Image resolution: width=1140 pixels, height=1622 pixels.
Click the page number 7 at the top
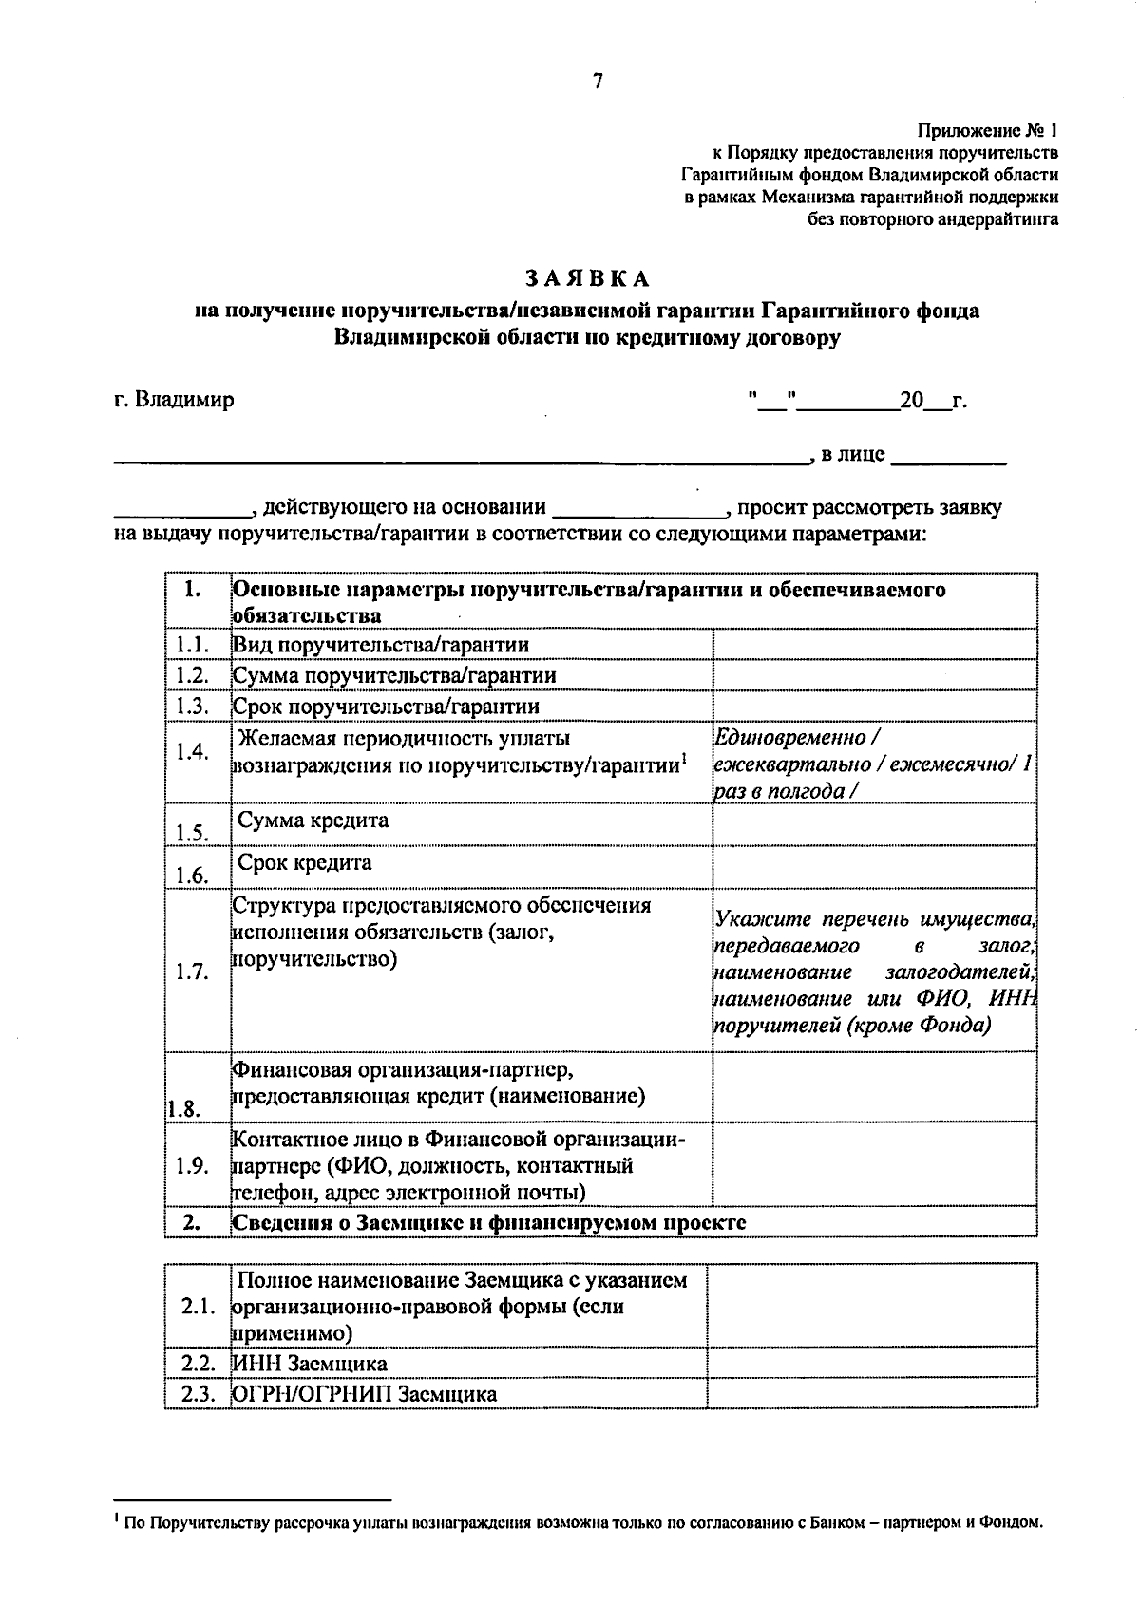(x=598, y=82)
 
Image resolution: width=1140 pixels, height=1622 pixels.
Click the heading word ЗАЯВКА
(x=588, y=278)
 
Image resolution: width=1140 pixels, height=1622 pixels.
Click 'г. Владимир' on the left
(x=174, y=400)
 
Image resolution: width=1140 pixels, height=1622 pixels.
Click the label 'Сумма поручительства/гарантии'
(x=394, y=675)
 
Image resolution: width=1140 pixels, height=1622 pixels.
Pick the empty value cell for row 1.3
(x=874, y=707)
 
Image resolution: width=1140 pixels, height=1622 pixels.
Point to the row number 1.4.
(x=193, y=752)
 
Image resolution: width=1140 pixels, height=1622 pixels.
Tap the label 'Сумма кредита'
(x=313, y=820)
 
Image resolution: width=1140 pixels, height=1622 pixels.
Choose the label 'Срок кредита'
(x=304, y=863)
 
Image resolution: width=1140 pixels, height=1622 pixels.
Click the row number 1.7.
(x=193, y=972)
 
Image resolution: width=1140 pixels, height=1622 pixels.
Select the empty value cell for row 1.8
(x=874, y=1087)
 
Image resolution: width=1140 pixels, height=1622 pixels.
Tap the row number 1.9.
(x=193, y=1166)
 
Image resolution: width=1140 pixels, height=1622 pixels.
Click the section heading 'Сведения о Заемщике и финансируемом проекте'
(x=489, y=1223)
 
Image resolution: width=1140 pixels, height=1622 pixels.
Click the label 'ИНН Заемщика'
(x=310, y=1364)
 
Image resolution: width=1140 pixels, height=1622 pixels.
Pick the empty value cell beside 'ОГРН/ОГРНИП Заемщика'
(x=872, y=1394)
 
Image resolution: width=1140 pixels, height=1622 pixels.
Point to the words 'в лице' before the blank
(x=852, y=455)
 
